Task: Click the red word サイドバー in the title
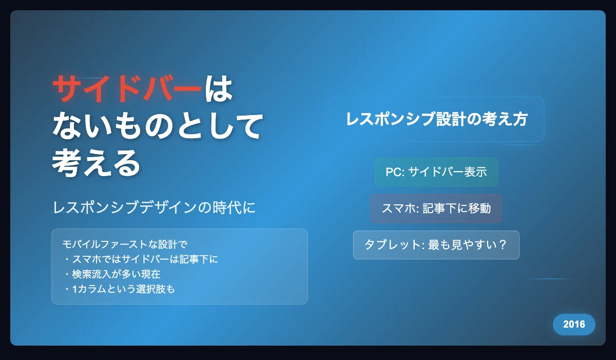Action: click(x=127, y=88)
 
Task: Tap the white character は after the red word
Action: click(x=219, y=88)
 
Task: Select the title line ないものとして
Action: click(x=158, y=125)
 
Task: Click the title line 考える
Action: click(x=97, y=162)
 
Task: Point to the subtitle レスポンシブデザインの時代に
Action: click(x=154, y=207)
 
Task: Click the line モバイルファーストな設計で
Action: click(x=125, y=244)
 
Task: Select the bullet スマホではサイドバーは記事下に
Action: click(x=141, y=259)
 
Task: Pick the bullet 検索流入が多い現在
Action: click(x=112, y=274)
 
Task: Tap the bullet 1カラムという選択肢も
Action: click(x=119, y=289)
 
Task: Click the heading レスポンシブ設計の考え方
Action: click(x=437, y=119)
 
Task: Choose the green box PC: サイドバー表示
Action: click(x=436, y=172)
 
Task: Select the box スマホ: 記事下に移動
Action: click(x=436, y=209)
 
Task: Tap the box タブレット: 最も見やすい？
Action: click(x=436, y=245)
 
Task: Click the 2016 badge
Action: click(x=574, y=324)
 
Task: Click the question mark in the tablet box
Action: click(x=502, y=245)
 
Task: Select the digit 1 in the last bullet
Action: click(x=74, y=289)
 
